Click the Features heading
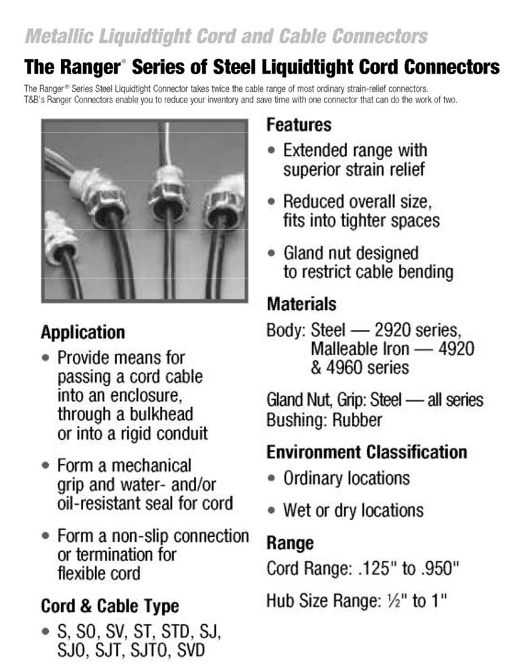click(299, 125)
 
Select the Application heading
click(82, 333)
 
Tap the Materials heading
click(301, 305)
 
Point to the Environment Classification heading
click(366, 452)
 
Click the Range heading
click(290, 542)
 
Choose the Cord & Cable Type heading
click(110, 607)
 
